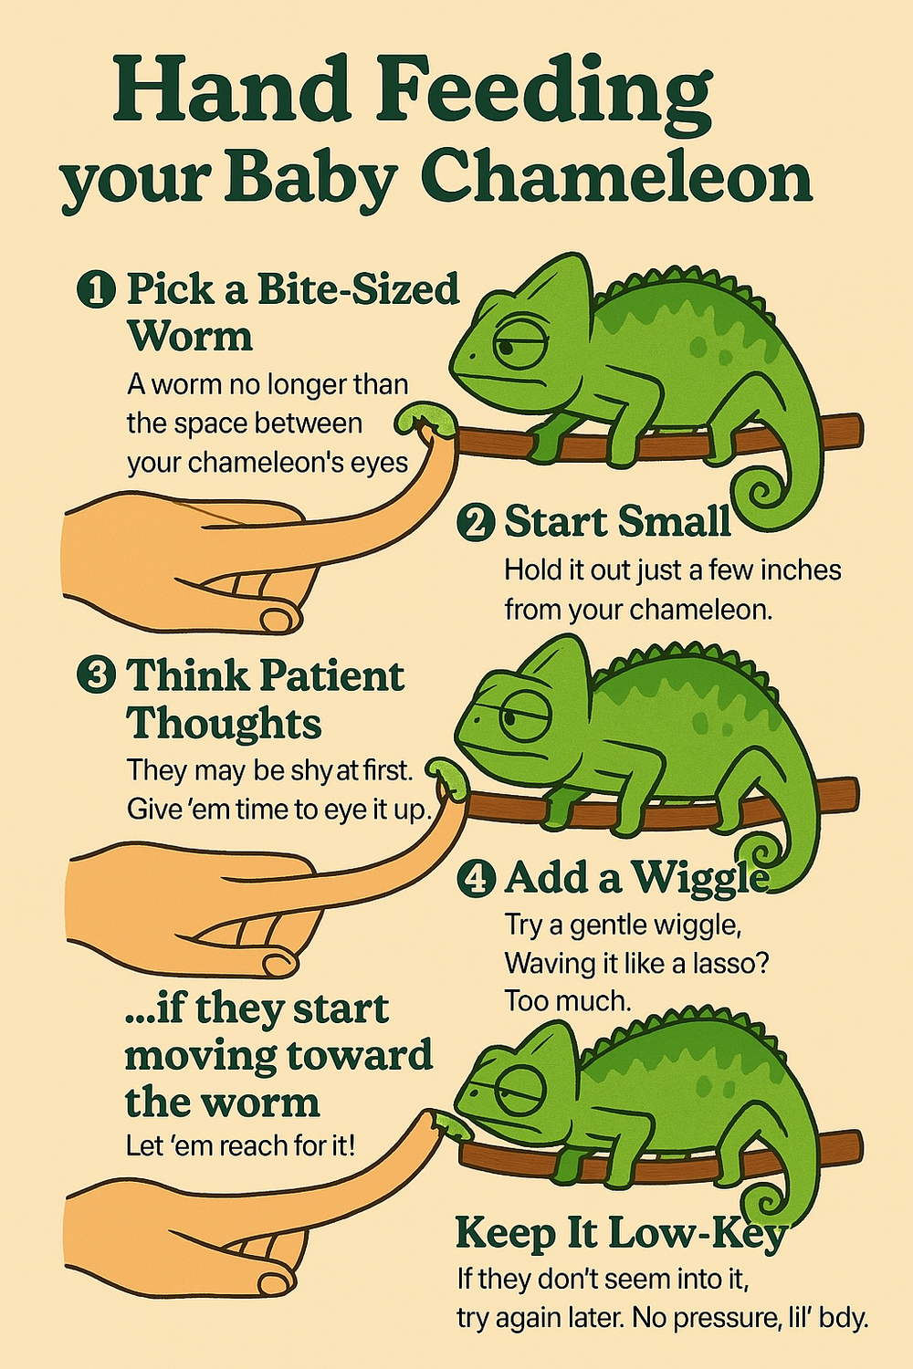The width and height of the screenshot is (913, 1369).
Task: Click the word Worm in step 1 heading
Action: coord(191,337)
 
